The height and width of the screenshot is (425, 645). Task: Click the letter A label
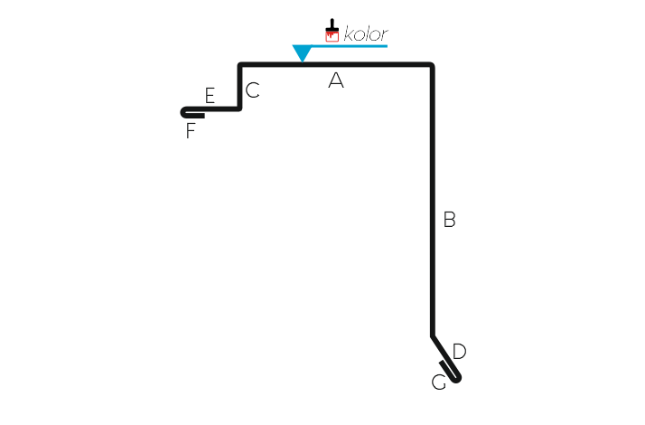(x=336, y=80)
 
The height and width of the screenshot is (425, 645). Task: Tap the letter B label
(x=449, y=219)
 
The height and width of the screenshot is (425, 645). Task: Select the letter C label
(x=253, y=90)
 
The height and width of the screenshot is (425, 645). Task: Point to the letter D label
(x=459, y=351)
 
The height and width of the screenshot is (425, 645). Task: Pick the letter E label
(x=210, y=96)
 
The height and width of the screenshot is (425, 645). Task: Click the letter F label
(x=190, y=131)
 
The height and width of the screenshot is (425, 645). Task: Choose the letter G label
(x=438, y=382)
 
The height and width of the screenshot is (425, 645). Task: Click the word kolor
(x=366, y=33)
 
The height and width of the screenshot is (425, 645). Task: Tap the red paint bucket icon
(x=332, y=36)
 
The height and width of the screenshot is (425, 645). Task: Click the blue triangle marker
(x=302, y=52)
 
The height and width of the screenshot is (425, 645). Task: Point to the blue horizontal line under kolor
(x=350, y=46)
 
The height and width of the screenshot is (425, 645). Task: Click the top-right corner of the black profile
(x=432, y=65)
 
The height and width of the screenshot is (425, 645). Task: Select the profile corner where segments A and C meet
(x=240, y=65)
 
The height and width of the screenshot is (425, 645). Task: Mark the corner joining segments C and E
(x=239, y=109)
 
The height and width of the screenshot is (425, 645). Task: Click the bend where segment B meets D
(x=433, y=336)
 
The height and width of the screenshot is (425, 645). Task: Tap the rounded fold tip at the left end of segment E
(x=182, y=112)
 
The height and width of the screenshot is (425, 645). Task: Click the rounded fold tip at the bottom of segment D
(x=457, y=379)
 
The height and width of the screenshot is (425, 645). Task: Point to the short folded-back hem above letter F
(x=195, y=116)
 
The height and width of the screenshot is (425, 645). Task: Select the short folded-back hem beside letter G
(x=447, y=370)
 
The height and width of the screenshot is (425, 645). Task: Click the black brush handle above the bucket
(x=332, y=24)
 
